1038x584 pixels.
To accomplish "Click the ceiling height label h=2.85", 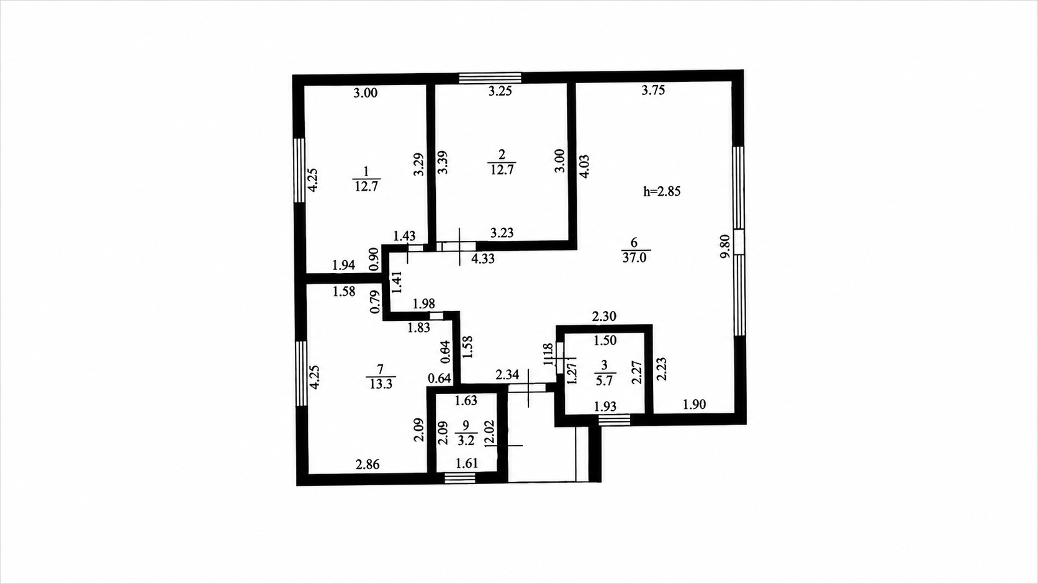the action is tap(662, 191).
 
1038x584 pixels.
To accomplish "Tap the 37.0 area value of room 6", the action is tap(634, 258).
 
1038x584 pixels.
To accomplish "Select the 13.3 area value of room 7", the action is tap(381, 384).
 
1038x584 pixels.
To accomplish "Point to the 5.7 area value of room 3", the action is tap(604, 380).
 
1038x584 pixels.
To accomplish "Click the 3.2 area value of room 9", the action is tap(466, 440).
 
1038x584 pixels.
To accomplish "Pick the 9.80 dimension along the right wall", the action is tap(725, 246).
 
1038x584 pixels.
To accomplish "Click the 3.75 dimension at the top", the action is tap(653, 90).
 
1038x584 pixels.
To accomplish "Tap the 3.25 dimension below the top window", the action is tap(500, 91).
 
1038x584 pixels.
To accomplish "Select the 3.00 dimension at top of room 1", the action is tap(366, 92).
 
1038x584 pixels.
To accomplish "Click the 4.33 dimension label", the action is tap(483, 258).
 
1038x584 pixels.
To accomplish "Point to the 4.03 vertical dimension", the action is tap(584, 166).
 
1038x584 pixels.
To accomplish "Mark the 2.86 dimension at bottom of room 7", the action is tap(368, 464).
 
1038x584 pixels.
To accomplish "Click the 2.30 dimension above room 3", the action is tap(604, 317).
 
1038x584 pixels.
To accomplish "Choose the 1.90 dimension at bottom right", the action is tap(695, 404).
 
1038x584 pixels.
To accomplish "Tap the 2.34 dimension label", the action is tap(507, 374).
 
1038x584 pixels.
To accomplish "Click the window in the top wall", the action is tap(490, 78).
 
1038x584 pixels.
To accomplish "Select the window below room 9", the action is tap(459, 478).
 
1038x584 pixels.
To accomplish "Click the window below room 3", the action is tap(615, 420).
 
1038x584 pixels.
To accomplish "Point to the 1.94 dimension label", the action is tap(344, 266).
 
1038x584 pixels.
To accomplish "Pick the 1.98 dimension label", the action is tap(423, 304).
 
